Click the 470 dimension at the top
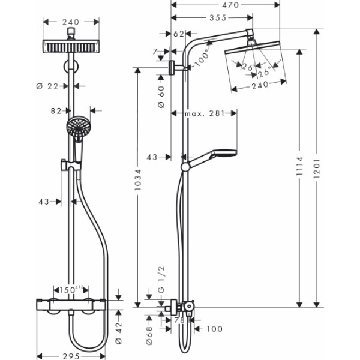click(x=226, y=5)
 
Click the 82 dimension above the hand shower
click(x=57, y=110)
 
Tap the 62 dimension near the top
click(x=178, y=35)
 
